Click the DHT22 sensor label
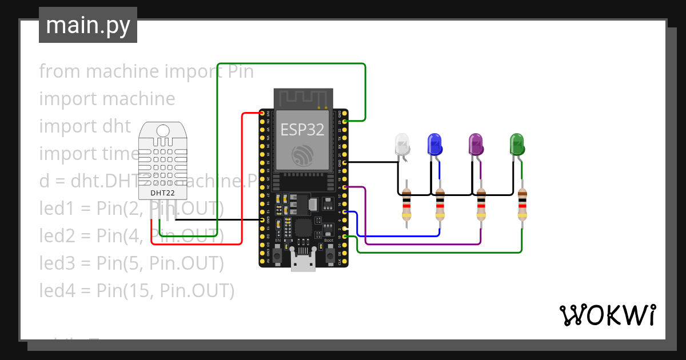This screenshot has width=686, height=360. click(162, 193)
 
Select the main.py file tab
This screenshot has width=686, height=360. click(88, 25)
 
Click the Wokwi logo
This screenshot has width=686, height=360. click(607, 315)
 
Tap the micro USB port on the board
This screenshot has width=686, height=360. click(302, 262)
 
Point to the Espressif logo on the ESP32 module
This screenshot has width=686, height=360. click(302, 155)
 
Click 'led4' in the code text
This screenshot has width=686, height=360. click(56, 291)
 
